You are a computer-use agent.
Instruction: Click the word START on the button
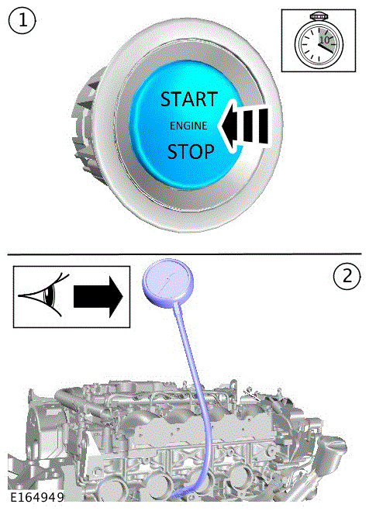click(x=189, y=99)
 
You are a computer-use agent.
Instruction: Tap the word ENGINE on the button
click(x=188, y=126)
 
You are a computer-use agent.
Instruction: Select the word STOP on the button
click(x=191, y=151)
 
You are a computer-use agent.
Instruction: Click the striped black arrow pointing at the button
click(x=244, y=126)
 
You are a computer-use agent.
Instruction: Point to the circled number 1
click(x=22, y=21)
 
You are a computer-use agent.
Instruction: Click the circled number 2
click(x=347, y=276)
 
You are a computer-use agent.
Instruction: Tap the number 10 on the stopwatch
click(x=324, y=40)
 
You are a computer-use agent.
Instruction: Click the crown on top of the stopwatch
click(x=318, y=16)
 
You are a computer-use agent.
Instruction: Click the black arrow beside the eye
click(x=98, y=296)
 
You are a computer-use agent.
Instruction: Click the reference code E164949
click(x=36, y=498)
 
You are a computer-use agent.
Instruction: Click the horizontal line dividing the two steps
click(x=184, y=254)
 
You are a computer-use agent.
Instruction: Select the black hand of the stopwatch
click(x=326, y=48)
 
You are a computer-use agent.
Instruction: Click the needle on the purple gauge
click(x=168, y=279)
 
